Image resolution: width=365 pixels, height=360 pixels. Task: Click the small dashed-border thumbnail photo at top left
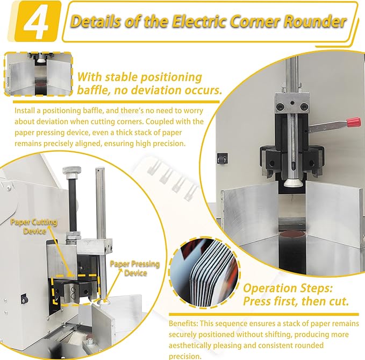point(38,74)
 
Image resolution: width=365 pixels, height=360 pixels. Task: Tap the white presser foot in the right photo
point(292,185)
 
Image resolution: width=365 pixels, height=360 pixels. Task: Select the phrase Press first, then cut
point(296,301)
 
